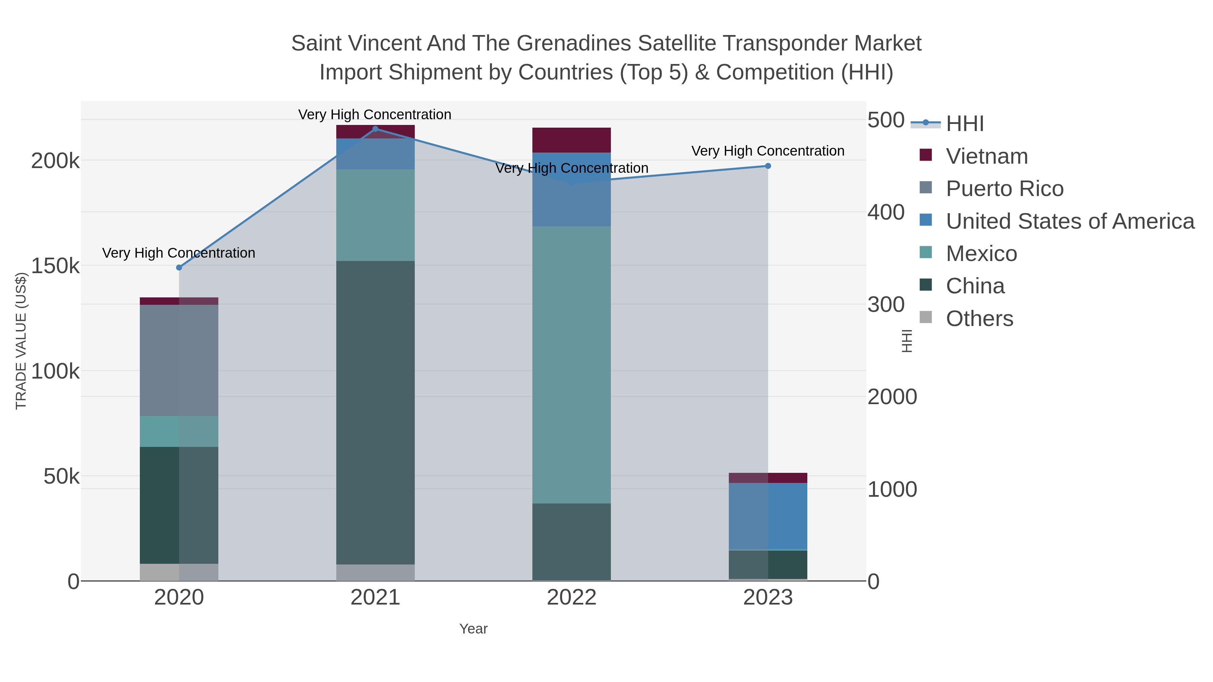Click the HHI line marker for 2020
[x=179, y=267]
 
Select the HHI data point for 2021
[x=375, y=129]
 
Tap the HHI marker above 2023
[x=768, y=166]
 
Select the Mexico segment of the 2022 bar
[x=572, y=365]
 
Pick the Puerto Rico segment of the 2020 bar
[x=179, y=360]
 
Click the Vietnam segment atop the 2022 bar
[x=572, y=140]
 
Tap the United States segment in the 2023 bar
[x=768, y=516]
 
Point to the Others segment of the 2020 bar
[x=179, y=572]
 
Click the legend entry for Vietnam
[x=987, y=156]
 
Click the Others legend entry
[x=979, y=319]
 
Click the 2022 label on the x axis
[x=572, y=598]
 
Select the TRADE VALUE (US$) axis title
[x=21, y=341]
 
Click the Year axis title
[x=473, y=629]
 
